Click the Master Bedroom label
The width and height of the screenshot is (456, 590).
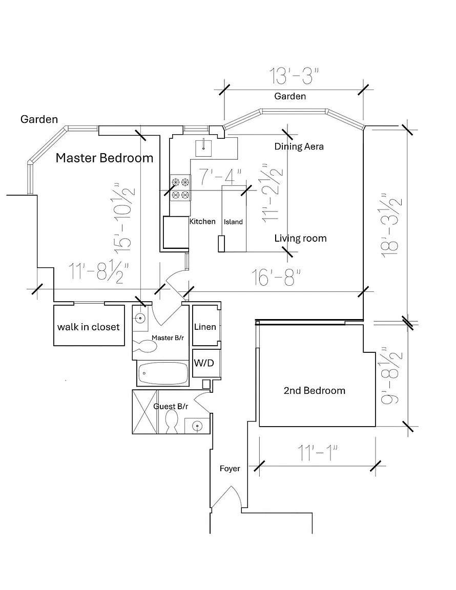click(x=104, y=158)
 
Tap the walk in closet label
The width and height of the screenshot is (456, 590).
click(x=88, y=327)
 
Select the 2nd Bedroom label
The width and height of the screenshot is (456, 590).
click(x=314, y=391)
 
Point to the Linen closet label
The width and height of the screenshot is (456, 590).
click(x=204, y=327)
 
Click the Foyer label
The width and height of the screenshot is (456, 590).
click(x=230, y=469)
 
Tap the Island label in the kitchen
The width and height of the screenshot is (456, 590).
click(x=233, y=222)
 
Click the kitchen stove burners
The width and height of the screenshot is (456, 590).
click(x=180, y=188)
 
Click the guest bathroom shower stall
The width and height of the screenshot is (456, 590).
click(x=144, y=412)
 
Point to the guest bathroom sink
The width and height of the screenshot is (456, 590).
click(x=196, y=425)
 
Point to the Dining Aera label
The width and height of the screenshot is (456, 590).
click(x=299, y=146)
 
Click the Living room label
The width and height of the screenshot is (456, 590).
click(x=300, y=238)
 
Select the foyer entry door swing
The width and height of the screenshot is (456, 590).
click(x=226, y=497)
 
